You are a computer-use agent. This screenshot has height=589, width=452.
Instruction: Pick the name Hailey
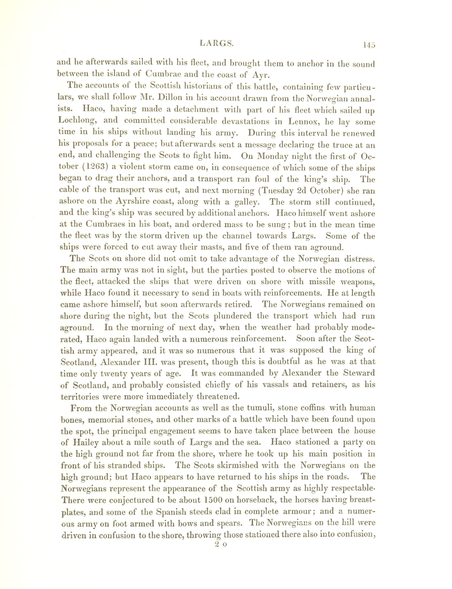click(x=86, y=442)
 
